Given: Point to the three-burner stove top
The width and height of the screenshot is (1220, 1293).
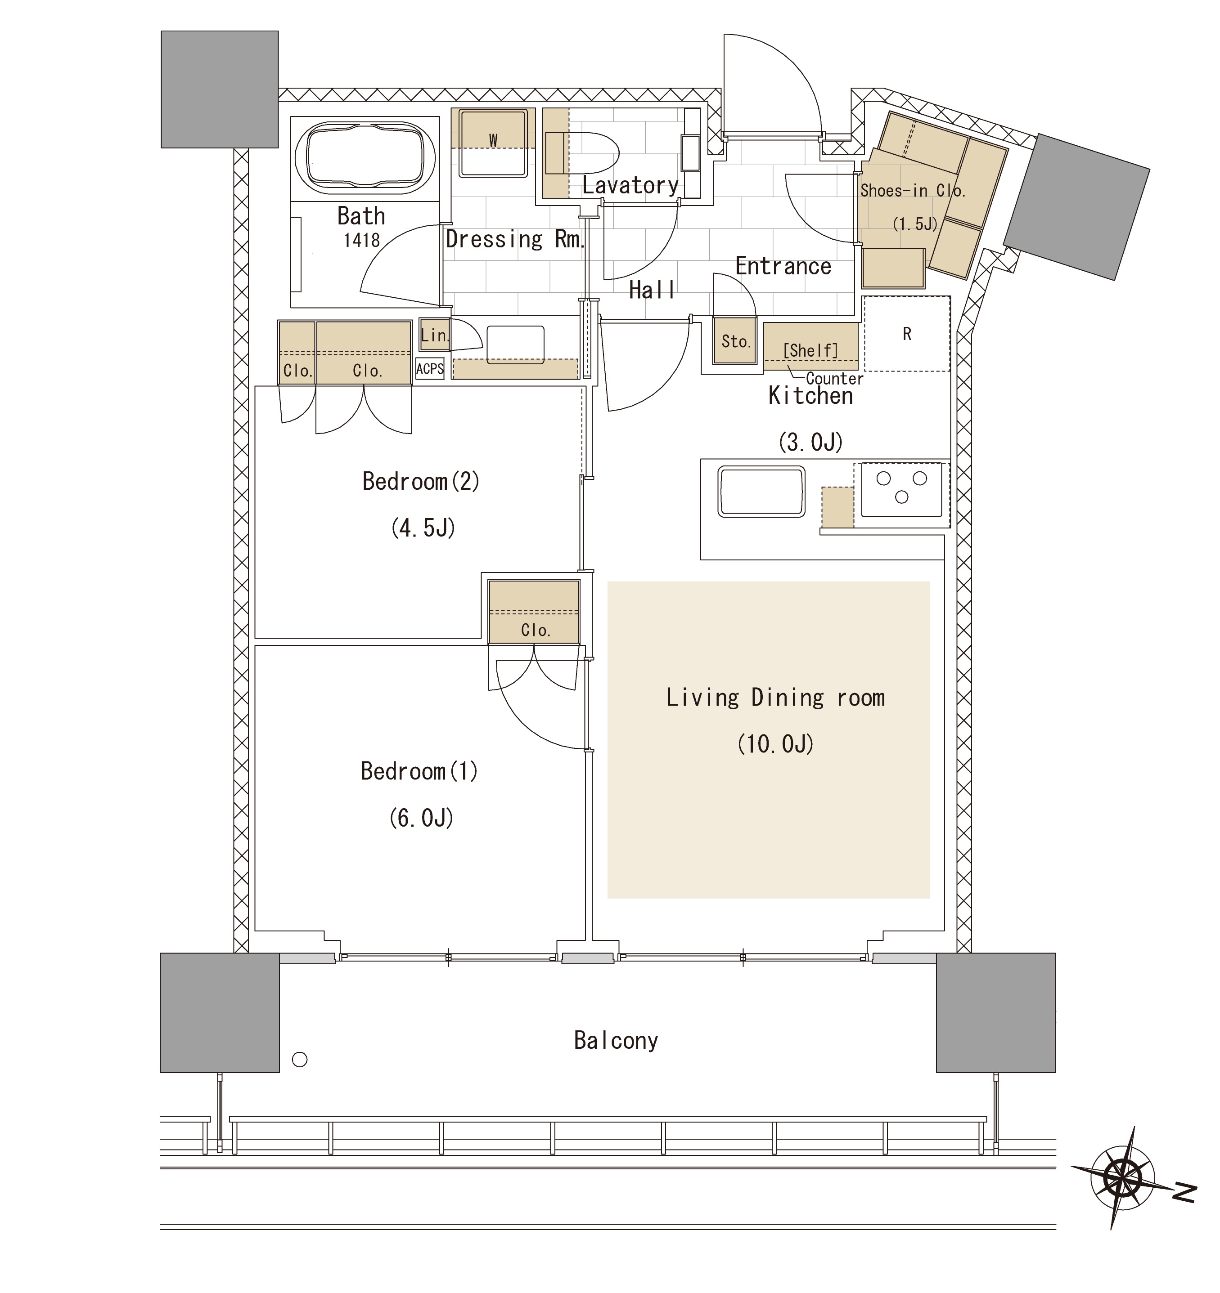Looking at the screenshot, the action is pyautogui.click(x=901, y=489).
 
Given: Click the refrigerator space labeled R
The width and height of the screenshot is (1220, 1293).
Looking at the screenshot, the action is pyautogui.click(x=906, y=334).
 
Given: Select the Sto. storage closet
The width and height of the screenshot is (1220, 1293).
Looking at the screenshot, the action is pyautogui.click(x=735, y=341).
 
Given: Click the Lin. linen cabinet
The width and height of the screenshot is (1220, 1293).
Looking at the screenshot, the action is pyautogui.click(x=434, y=335).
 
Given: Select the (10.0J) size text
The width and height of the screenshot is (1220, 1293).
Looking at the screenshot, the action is pyautogui.click(x=775, y=743).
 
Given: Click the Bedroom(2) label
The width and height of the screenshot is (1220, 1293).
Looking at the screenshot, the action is pyautogui.click(x=420, y=481).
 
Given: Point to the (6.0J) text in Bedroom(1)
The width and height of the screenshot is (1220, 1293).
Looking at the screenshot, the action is pyautogui.click(x=421, y=818).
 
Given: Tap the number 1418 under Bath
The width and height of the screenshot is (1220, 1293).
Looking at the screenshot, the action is pyautogui.click(x=362, y=241).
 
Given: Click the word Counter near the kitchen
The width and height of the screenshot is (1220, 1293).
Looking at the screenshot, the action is pyautogui.click(x=834, y=379).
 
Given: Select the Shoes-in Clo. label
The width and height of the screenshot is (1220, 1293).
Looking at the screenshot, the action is pyautogui.click(x=913, y=191).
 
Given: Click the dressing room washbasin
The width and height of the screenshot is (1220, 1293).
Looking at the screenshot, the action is pyautogui.click(x=515, y=345).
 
